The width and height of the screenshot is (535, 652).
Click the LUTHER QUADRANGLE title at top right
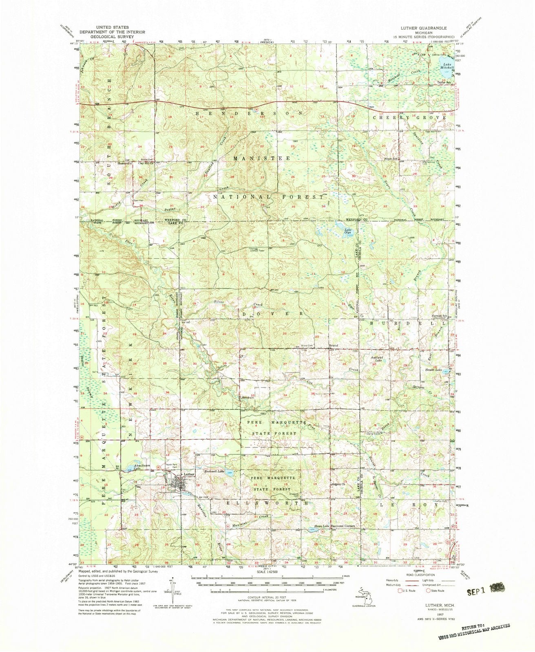coord(423,28)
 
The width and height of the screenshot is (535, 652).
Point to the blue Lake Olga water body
coord(339,226)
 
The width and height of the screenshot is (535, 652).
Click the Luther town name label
coord(188,474)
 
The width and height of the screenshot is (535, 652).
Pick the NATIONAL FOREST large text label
coord(267,197)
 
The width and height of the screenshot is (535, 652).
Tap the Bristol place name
coord(334,346)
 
